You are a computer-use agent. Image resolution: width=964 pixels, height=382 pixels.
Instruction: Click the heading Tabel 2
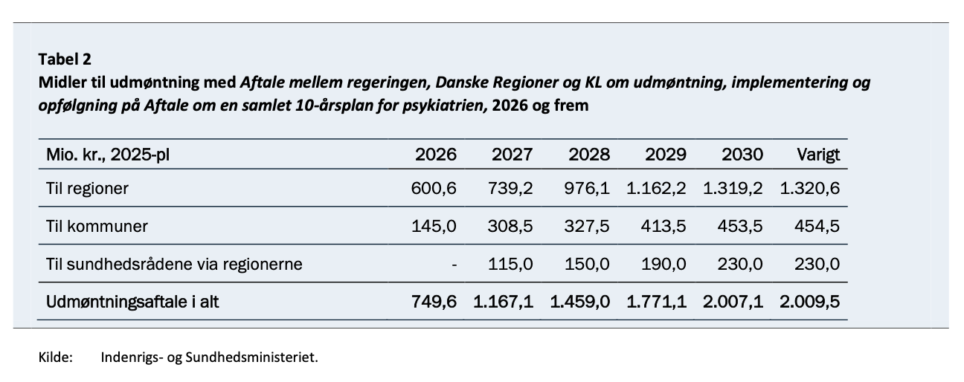[x=64, y=59]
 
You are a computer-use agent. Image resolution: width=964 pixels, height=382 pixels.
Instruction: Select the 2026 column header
[x=435, y=155]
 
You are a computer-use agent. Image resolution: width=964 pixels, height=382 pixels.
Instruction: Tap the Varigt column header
[x=817, y=155]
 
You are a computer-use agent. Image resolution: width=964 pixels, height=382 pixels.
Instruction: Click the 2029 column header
[x=665, y=155]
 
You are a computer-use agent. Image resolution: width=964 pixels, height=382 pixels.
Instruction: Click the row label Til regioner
[x=87, y=189]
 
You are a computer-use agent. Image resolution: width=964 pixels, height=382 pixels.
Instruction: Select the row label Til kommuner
[x=96, y=226]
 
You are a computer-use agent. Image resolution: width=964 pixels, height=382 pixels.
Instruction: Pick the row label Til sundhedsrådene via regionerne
[x=174, y=264]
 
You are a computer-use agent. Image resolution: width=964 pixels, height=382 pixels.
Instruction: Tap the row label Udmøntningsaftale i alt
[x=132, y=302]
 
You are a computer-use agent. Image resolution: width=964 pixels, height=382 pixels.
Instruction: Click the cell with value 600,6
[x=434, y=189]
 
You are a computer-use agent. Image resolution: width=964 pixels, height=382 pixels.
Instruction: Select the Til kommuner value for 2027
[x=511, y=226]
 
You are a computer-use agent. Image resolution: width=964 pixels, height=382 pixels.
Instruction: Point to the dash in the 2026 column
[x=454, y=264]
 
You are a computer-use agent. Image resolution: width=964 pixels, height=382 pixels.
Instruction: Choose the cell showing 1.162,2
[x=656, y=189]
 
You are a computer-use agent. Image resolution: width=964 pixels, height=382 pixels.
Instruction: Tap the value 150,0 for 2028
[x=588, y=264]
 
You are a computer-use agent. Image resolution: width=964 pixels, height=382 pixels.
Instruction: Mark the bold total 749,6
[x=434, y=302]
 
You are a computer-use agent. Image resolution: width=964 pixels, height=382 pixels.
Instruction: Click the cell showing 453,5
[x=740, y=226]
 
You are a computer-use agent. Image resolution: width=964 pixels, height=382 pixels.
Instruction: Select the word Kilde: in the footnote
[x=55, y=357]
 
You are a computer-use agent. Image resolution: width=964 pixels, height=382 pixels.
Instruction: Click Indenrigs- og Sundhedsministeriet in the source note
[x=209, y=357]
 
